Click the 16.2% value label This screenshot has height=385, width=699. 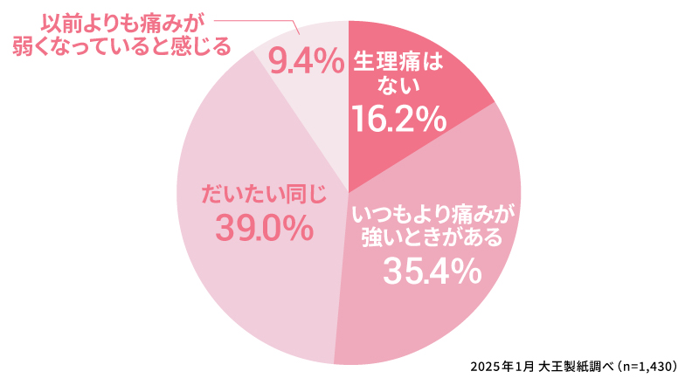click(398, 119)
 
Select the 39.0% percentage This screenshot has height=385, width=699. click(265, 229)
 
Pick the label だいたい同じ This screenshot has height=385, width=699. click(264, 193)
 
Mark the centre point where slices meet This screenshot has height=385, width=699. click(349, 192)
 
